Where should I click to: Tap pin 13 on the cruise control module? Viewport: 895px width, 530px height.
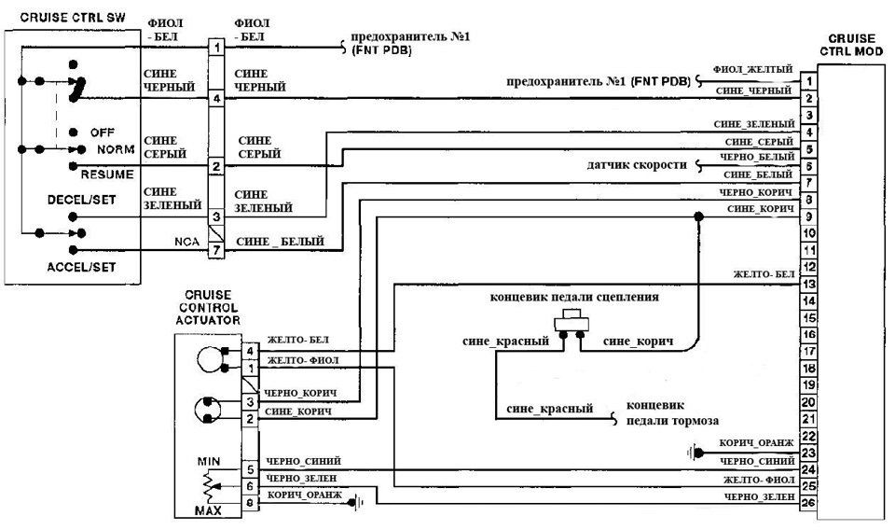[x=809, y=284]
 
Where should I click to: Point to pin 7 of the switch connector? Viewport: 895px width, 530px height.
[x=215, y=250]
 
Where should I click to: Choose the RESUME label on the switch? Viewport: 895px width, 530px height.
[x=107, y=174]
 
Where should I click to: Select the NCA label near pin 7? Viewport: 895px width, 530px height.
[x=184, y=242]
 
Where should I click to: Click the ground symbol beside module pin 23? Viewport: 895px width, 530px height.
[x=693, y=453]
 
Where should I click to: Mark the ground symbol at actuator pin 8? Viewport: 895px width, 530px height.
[x=357, y=502]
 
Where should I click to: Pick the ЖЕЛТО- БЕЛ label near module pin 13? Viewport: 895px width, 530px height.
[x=764, y=274]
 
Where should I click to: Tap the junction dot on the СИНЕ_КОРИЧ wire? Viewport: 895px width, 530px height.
[x=698, y=216]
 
